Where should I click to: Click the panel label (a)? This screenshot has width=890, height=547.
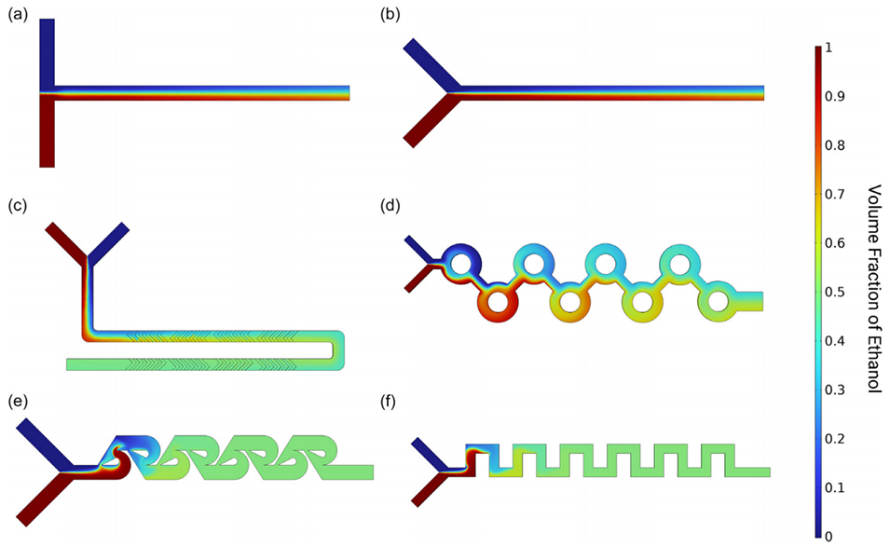[17, 16]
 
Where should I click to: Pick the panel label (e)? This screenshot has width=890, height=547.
[17, 402]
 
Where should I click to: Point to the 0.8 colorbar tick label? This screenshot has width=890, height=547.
[839, 144]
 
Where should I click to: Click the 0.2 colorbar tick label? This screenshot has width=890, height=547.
[839, 439]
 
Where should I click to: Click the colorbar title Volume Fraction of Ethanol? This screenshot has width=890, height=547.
[874, 289]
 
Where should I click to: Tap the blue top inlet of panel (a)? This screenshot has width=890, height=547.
[48, 51]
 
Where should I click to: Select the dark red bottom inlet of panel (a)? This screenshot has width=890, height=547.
[48, 130]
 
